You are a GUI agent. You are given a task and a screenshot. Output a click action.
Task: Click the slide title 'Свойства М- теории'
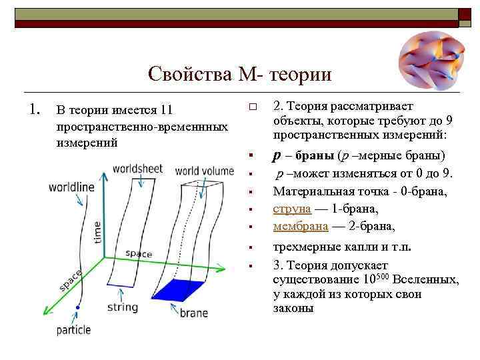pyautogui.click(x=240, y=73)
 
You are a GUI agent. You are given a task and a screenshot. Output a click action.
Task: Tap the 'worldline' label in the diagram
pyautogui.click(x=71, y=186)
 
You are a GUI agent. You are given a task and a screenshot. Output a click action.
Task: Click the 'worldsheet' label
pyautogui.click(x=138, y=169)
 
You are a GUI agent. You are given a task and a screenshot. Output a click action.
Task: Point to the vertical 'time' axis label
pyautogui.click(x=98, y=231)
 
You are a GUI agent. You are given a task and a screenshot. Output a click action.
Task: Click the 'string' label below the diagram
pyautogui.click(x=122, y=307)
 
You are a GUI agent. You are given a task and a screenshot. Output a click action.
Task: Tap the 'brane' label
pyautogui.click(x=193, y=313)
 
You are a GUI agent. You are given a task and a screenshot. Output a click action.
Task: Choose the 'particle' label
pyautogui.click(x=73, y=329)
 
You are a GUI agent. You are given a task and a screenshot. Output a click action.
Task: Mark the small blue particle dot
pyautogui.click(x=79, y=307)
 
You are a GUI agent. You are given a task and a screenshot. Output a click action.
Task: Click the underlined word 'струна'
pyautogui.click(x=292, y=209)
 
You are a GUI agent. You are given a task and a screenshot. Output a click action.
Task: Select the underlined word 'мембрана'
pyautogui.click(x=301, y=225)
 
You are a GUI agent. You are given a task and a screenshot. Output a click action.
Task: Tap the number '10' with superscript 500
pyautogui.click(x=352, y=281)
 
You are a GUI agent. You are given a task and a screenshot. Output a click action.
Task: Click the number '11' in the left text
pyautogui.click(x=167, y=109)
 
